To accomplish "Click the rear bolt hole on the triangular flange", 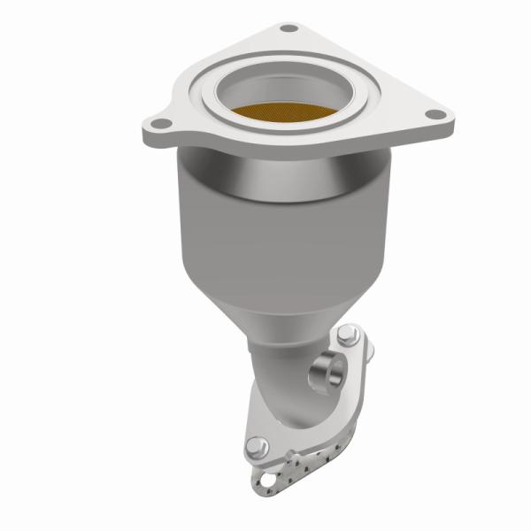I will [x=286, y=29].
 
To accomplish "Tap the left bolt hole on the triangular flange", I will [x=160, y=123].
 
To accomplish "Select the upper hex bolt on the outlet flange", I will [x=347, y=336].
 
